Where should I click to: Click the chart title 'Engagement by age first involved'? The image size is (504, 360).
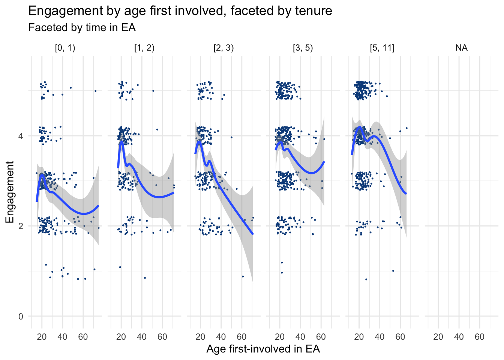[x=180, y=11]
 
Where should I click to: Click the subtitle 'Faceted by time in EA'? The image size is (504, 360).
[x=82, y=28]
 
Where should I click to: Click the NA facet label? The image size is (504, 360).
[x=461, y=48]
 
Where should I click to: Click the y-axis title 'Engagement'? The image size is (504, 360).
[x=10, y=192]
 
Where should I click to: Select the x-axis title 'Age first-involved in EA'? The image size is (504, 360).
[x=263, y=349]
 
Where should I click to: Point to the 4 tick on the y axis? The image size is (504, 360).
[x=21, y=136]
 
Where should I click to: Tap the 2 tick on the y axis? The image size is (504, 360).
[x=21, y=226]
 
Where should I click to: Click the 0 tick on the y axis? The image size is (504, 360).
[x=21, y=316]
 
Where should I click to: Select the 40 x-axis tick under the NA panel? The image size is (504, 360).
[x=459, y=337]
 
